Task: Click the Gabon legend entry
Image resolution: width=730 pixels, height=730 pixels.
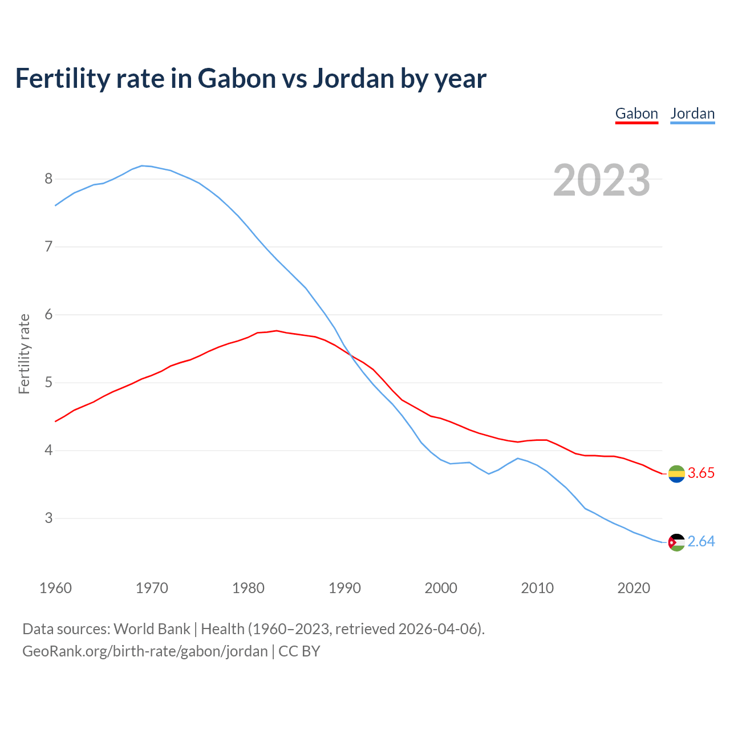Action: coord(636,113)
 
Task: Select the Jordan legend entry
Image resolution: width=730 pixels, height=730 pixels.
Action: coord(692,113)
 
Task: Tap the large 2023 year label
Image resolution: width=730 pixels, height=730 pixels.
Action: coord(601,180)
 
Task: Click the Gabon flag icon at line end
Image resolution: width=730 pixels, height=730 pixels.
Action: coord(676,473)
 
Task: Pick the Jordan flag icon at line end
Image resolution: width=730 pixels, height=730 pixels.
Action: coord(676,542)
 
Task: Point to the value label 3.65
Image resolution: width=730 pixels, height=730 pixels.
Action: coord(701,473)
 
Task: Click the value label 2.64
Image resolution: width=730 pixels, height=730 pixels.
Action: coord(701,542)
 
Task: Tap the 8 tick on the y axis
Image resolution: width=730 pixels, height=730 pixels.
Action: coord(48,179)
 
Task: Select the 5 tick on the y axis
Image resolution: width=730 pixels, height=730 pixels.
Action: coord(48,383)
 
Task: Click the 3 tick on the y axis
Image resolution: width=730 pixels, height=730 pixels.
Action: coord(48,518)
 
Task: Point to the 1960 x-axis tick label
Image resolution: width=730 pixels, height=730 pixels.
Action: coord(55,588)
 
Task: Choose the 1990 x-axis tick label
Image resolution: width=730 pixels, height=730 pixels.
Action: coord(344,588)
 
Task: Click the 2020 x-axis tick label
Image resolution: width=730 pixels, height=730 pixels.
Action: coord(634,588)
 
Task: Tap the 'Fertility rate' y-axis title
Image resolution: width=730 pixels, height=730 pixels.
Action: coord(24,354)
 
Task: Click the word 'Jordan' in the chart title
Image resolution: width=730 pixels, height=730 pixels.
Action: coord(353,78)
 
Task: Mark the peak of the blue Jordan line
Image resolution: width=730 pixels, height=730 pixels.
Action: coord(142,165)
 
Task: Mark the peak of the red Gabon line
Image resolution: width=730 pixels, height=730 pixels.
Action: coord(277,330)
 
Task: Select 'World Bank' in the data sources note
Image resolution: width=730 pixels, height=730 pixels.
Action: coord(152,629)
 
